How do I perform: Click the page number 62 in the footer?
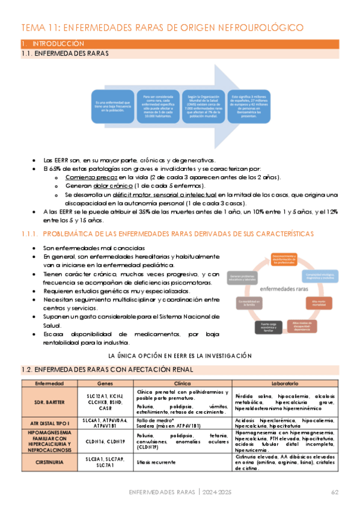335,493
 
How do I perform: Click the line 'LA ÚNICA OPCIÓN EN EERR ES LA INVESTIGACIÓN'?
179,355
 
